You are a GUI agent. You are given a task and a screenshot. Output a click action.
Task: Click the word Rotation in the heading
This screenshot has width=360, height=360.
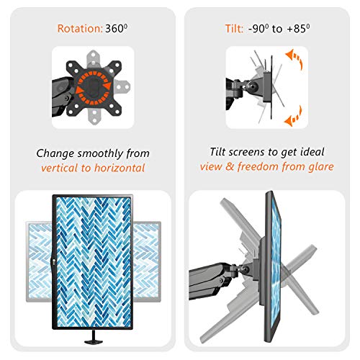(80, 29)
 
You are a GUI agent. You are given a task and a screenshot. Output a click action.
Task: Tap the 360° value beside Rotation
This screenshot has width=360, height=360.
(117, 29)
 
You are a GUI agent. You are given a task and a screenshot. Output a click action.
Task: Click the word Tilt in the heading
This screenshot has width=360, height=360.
(234, 29)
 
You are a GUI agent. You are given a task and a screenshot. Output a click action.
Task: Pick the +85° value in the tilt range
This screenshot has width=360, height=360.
(298, 29)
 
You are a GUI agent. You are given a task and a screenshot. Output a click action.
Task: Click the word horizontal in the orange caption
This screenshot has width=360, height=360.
(120, 168)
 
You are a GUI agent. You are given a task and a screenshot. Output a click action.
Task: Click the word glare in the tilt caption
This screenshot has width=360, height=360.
(321, 166)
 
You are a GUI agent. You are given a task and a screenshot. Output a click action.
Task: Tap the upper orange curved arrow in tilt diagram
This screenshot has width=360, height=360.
(294, 59)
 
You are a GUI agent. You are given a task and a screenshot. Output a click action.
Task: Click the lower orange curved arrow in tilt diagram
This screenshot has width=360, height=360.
(294, 117)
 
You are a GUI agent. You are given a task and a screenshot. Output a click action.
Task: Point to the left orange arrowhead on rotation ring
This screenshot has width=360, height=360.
(79, 90)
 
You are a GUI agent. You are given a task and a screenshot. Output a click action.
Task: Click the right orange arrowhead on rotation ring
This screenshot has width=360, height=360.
(107, 86)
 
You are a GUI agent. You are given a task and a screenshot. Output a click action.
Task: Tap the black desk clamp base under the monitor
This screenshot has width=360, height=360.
(94, 341)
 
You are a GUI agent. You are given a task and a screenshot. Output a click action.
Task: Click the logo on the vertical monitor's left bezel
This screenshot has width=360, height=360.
(54, 263)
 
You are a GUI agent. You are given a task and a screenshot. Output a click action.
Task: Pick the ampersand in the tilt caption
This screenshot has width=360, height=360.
(230, 167)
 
